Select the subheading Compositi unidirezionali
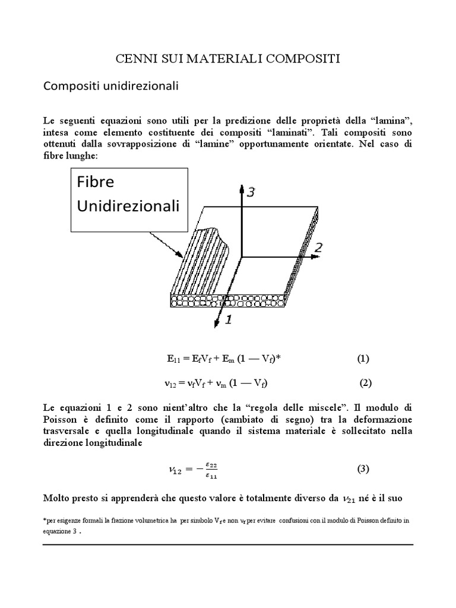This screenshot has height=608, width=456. pos(112,86)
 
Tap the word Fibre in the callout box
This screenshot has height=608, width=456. pos(96,182)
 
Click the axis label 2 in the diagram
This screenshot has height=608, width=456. pos(318,248)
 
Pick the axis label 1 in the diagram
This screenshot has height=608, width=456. pos(229,319)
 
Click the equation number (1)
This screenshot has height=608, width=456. pos(363,359)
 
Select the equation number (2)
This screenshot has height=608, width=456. pos(365,382)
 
